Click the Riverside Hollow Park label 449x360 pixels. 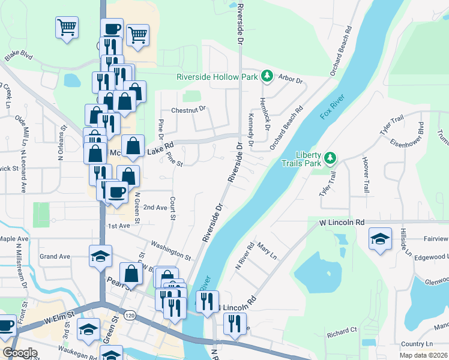[x=216, y=77]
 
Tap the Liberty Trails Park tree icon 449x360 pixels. [x=330, y=158]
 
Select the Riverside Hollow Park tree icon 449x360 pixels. [x=267, y=76]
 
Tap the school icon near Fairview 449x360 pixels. [x=380, y=239]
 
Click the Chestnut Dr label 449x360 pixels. [x=188, y=110]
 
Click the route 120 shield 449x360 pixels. [x=128, y=314]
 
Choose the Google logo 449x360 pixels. [x=20, y=353]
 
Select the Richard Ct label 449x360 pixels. [x=342, y=331]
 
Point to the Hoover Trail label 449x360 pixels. [x=365, y=175]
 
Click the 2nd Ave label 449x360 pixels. [x=155, y=207]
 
